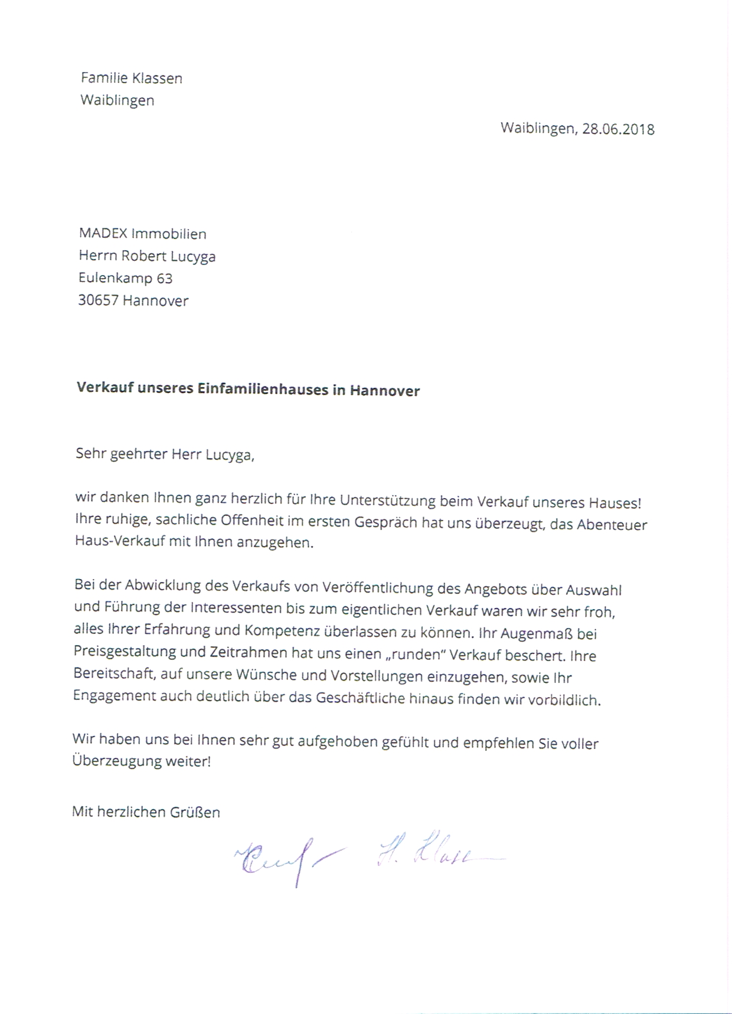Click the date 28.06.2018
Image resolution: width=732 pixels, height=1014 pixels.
click(x=618, y=129)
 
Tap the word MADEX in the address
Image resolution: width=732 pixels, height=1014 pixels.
click(x=103, y=234)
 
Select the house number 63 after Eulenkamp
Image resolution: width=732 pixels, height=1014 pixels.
click(x=165, y=278)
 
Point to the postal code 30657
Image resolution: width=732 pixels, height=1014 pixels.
click(x=98, y=300)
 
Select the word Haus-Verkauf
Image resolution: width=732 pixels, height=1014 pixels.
click(x=120, y=542)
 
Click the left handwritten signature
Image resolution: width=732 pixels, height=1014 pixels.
click(x=283, y=859)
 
